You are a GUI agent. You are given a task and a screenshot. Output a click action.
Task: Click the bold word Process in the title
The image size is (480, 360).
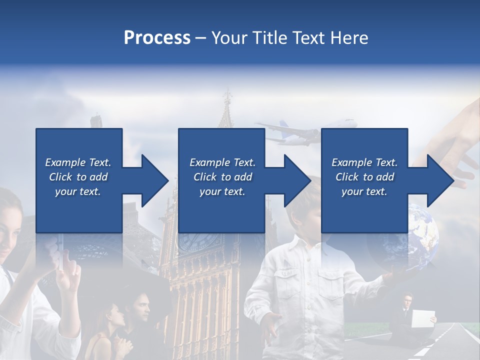click(x=157, y=37)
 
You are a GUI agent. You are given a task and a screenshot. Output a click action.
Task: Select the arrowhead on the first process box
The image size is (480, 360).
click(x=152, y=180)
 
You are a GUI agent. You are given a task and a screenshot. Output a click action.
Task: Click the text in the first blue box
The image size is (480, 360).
click(x=78, y=177)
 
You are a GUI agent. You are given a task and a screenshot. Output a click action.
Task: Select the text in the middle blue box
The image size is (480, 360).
click(x=222, y=177)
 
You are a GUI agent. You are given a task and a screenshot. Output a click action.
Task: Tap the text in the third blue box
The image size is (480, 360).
click(x=364, y=177)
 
